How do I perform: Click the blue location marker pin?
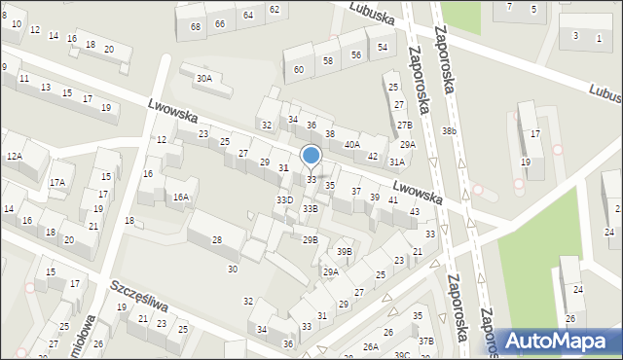click(x=311, y=156)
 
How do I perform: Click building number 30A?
click(x=203, y=78)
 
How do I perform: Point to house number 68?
click(x=197, y=26)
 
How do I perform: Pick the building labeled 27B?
click(x=404, y=126)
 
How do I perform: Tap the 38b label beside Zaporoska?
click(x=448, y=130)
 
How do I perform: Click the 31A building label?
click(x=396, y=162)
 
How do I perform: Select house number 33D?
click(x=284, y=199)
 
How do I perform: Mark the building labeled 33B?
click(x=310, y=208)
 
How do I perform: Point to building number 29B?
click(x=310, y=239)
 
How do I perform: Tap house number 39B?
click(x=345, y=252)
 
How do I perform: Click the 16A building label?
click(x=181, y=197)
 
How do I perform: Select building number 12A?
click(x=14, y=156)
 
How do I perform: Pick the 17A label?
click(x=57, y=182)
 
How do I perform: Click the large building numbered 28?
click(x=216, y=239)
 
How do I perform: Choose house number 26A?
click(x=371, y=346)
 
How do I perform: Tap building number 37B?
click(x=426, y=341)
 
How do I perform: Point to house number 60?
click(x=299, y=69)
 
